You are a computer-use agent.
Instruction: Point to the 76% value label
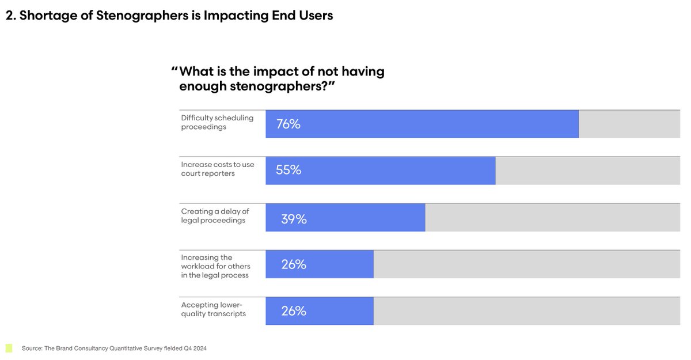point(288,124)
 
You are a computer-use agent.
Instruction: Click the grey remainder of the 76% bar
point(629,124)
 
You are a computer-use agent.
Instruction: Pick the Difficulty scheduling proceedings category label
point(217,122)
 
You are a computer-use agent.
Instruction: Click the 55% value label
point(288,170)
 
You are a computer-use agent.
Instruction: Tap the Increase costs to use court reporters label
point(217,169)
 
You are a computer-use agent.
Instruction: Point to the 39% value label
point(294,219)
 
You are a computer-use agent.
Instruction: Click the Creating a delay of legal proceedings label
point(215,216)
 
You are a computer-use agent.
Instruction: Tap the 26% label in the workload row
point(294,265)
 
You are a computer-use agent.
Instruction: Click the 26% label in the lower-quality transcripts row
point(294,312)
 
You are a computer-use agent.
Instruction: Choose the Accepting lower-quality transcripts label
point(213,309)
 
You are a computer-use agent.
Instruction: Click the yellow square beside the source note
point(9,348)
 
